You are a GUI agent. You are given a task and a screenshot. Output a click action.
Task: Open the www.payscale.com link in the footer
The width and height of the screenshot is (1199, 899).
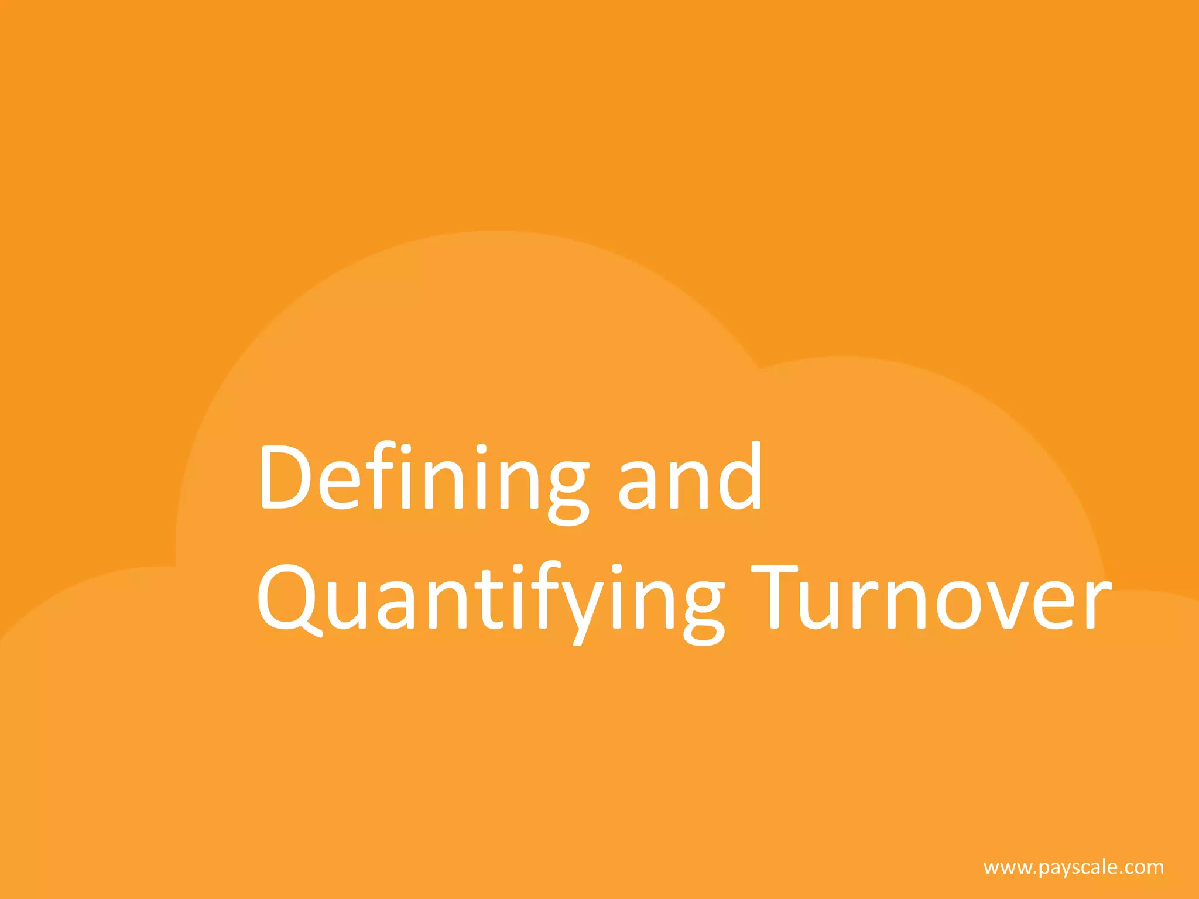click(1074, 867)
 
